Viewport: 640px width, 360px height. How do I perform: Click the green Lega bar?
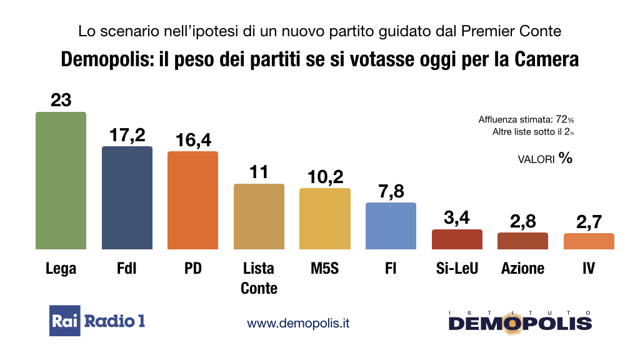coord(61,181)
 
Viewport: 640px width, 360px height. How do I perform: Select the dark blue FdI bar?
coord(127,197)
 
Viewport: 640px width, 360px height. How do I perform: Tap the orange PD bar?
coord(192,200)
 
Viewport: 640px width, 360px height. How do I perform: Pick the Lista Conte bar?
coord(259,216)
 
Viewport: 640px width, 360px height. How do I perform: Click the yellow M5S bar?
coord(325,219)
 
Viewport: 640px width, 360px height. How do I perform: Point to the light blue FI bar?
coord(391,226)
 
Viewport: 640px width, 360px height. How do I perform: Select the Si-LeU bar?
coord(457,239)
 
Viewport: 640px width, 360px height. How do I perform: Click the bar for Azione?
coord(522,241)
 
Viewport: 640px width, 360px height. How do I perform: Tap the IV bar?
coord(589,241)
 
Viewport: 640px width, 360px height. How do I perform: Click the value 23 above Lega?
coord(61,100)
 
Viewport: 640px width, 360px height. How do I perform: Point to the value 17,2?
coord(127,135)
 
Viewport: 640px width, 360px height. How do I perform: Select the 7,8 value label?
coord(391,191)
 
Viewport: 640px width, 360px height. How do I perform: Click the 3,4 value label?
coord(457,218)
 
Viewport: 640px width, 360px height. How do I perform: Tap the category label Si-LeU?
coord(457,268)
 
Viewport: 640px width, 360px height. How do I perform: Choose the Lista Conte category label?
coord(259,278)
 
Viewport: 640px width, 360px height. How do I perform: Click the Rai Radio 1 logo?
coord(97,321)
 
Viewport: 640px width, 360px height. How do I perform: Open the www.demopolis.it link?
coord(298,323)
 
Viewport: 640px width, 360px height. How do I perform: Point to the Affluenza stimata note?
coord(526,119)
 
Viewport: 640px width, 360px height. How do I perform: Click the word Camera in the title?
coord(546,59)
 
